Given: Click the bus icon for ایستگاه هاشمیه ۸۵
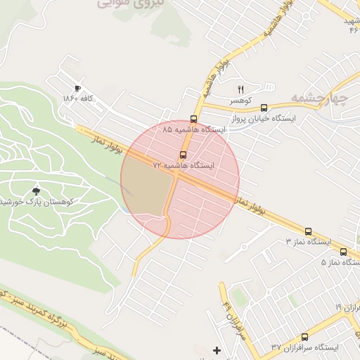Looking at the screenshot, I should coord(194,119).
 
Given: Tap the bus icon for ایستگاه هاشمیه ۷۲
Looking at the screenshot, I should coord(184,154).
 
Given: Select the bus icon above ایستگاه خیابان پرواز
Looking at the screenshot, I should coord(264,108).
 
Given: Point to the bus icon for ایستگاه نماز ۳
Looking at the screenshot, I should coord(308,231).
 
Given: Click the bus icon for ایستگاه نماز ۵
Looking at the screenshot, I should coord(343,252).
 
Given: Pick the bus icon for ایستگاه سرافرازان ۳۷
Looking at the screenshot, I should coord(304,337).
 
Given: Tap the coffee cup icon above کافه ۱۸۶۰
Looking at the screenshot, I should coord(77,88).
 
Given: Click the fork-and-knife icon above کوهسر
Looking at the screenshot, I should coord(240,89).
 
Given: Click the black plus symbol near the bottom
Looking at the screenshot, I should coord(217,350).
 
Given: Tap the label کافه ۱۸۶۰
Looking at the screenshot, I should coord(78,98).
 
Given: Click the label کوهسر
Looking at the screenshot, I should coord(241,101).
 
